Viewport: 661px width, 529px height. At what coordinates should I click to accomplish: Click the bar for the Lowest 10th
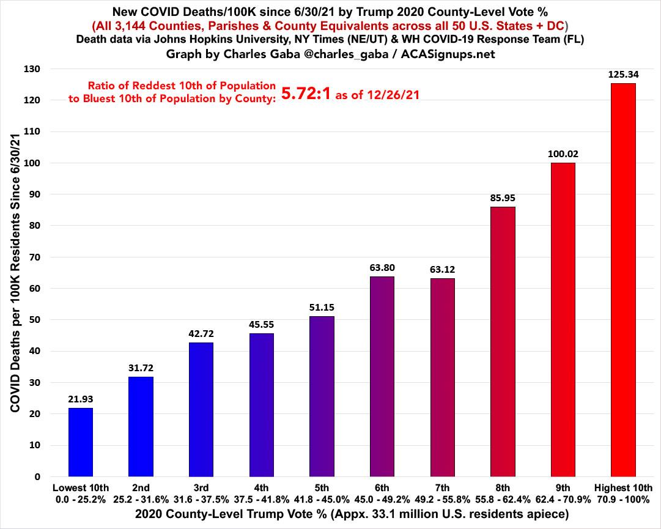(x=81, y=442)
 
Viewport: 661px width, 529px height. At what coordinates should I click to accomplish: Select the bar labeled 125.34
(x=623, y=280)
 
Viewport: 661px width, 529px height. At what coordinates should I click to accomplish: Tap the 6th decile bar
(x=382, y=377)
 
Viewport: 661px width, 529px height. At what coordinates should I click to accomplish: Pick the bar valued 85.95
(x=503, y=342)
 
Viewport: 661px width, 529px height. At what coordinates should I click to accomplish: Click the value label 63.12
(x=442, y=270)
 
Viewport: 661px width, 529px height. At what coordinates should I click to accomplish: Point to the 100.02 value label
(x=563, y=154)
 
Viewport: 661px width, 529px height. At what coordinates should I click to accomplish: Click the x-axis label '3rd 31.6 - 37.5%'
(x=201, y=494)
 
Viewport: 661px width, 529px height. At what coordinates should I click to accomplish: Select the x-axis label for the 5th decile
(x=322, y=494)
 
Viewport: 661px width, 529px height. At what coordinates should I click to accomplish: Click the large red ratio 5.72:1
(x=305, y=94)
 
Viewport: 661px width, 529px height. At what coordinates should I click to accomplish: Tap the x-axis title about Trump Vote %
(x=330, y=514)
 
